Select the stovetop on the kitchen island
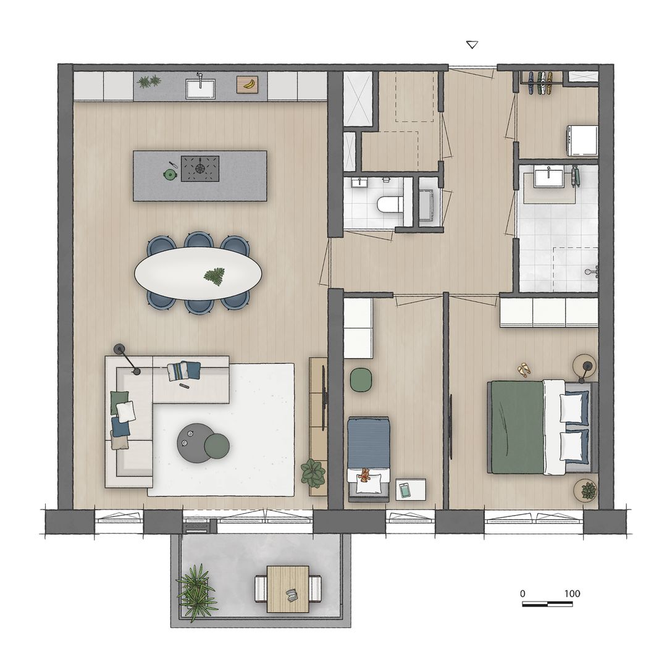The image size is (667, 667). coord(199,168)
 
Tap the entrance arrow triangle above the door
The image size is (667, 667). coord(472,44)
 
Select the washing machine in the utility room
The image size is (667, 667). coord(582,140)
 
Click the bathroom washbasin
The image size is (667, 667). coord(549,177)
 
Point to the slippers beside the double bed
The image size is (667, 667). coord(524,369)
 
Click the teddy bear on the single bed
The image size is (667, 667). coord(364,475)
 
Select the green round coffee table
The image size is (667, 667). coord(217,445)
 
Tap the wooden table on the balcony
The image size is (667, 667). coord(288,589)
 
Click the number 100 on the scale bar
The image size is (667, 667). coord(572,594)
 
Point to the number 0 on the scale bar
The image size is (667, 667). coord(522,594)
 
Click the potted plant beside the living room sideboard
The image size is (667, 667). coord(313,474)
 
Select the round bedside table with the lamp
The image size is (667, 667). coord(584,366)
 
